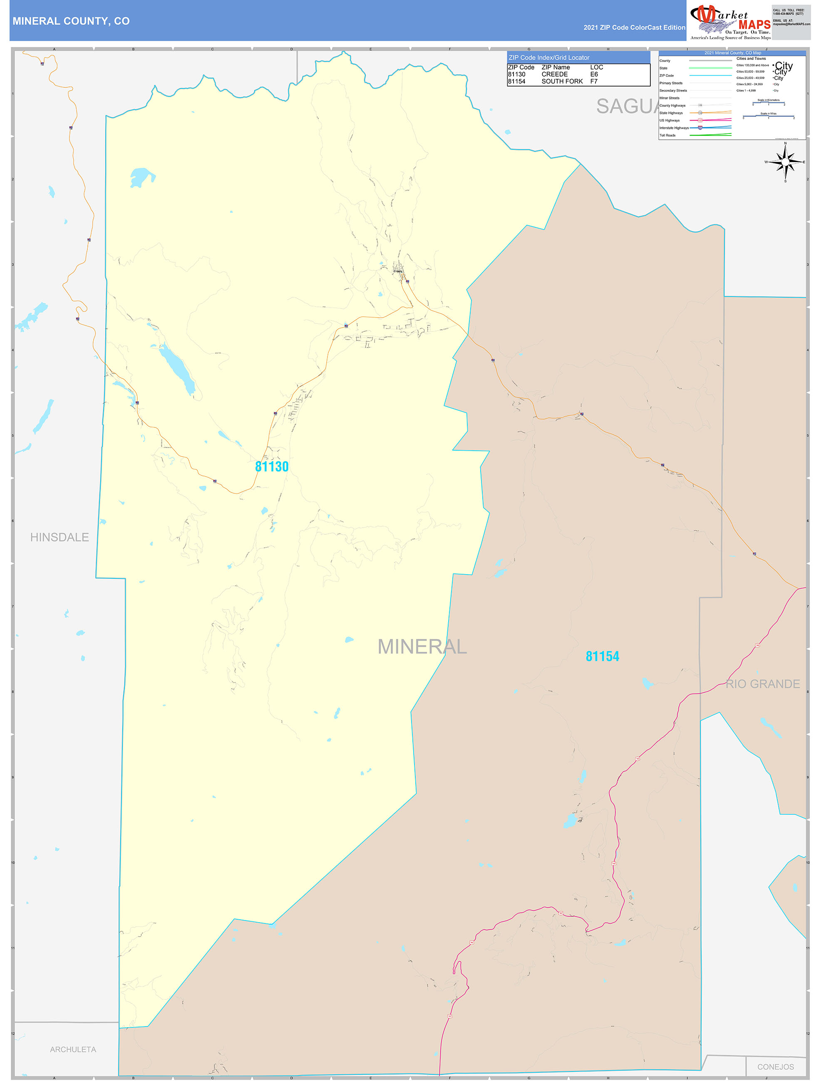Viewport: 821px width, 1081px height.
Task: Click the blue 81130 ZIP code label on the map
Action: click(272, 467)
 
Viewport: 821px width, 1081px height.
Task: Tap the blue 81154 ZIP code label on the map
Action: click(603, 656)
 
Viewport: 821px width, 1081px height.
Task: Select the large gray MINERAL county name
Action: click(422, 647)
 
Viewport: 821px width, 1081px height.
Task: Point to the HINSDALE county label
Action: click(60, 537)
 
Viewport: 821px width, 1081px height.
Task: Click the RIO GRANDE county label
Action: click(762, 684)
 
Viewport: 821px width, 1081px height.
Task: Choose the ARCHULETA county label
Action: click(73, 1049)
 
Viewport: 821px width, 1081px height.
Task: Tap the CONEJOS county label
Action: click(776, 1067)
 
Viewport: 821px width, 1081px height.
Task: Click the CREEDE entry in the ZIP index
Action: click(555, 74)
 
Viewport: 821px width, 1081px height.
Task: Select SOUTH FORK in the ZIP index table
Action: click(562, 81)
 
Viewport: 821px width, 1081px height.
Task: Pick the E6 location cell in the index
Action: click(594, 74)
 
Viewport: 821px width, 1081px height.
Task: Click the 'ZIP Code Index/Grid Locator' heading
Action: click(548, 58)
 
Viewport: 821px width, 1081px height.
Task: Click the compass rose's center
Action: click(785, 162)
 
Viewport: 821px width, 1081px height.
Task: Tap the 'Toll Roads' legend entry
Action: click(667, 136)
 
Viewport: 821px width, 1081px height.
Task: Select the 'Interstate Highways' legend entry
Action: click(674, 128)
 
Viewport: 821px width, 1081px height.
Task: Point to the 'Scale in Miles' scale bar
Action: click(768, 116)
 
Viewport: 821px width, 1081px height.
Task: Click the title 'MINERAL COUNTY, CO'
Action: click(71, 21)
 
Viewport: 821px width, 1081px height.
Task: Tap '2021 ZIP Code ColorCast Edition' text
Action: click(634, 27)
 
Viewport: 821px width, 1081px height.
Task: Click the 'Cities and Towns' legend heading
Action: click(751, 59)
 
